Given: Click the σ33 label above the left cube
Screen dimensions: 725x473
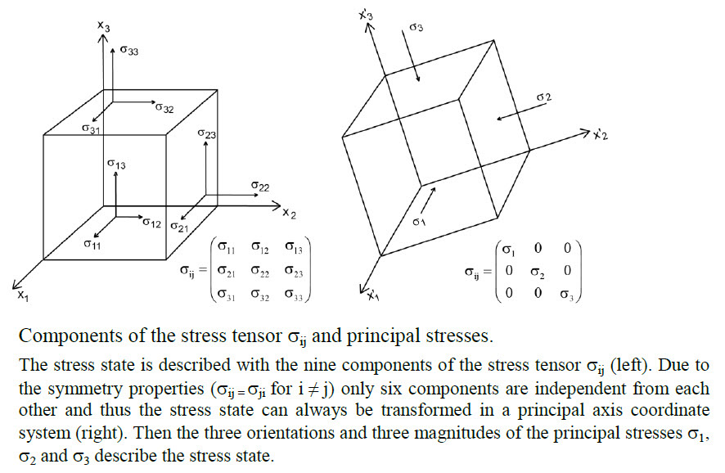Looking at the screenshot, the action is tap(129, 50).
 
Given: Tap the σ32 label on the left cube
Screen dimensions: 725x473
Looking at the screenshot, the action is tap(164, 108).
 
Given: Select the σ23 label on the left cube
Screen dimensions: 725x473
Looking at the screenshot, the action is tap(207, 133).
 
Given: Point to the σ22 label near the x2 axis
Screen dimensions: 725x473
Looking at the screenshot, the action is tap(260, 186).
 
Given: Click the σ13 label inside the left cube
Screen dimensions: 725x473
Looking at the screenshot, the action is tap(116, 164).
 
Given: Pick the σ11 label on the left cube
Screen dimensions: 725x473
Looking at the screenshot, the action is tap(92, 244).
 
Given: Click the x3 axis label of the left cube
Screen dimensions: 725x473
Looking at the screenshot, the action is tap(104, 26).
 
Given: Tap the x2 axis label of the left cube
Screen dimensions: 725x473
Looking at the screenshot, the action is tap(290, 213).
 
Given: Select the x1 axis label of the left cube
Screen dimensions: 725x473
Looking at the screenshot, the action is tap(23, 295).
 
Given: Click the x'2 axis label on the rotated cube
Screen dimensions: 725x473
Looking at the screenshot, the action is tap(601, 134).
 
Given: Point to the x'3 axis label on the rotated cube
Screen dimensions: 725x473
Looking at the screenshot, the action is tap(366, 15).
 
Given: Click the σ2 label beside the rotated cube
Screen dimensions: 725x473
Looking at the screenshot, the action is tap(543, 97).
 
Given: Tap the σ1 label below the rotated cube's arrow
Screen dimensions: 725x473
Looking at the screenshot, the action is tap(419, 222).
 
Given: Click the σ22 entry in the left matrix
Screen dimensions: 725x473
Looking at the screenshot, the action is tap(260, 271).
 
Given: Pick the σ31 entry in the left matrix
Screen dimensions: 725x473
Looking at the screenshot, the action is tap(227, 294).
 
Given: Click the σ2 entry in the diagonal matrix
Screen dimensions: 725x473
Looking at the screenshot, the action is tap(538, 273).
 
